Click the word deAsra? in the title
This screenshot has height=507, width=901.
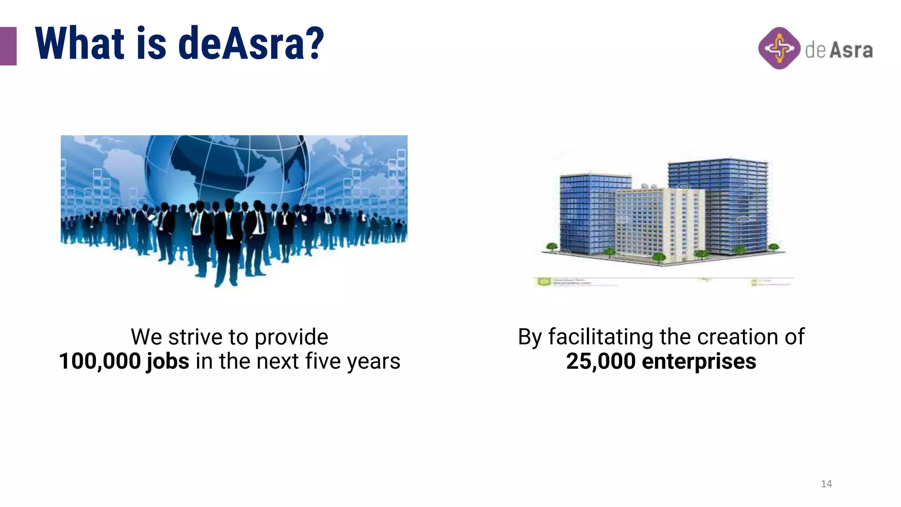pyautogui.click(x=251, y=44)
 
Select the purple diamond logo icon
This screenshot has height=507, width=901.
pyautogui.click(x=779, y=48)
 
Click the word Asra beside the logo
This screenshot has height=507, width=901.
pyautogui.click(x=851, y=50)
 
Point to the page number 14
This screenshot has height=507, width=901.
pyautogui.click(x=826, y=484)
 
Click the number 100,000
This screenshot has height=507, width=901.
pyautogui.click(x=100, y=361)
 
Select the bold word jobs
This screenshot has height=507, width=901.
pyautogui.click(x=168, y=362)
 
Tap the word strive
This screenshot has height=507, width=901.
pyautogui.click(x=196, y=337)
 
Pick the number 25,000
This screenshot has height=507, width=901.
pyautogui.click(x=601, y=361)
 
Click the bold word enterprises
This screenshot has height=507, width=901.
pyautogui.click(x=699, y=362)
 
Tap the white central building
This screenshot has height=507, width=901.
pyautogui.click(x=660, y=224)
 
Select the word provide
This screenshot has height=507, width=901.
pyautogui.click(x=291, y=337)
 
